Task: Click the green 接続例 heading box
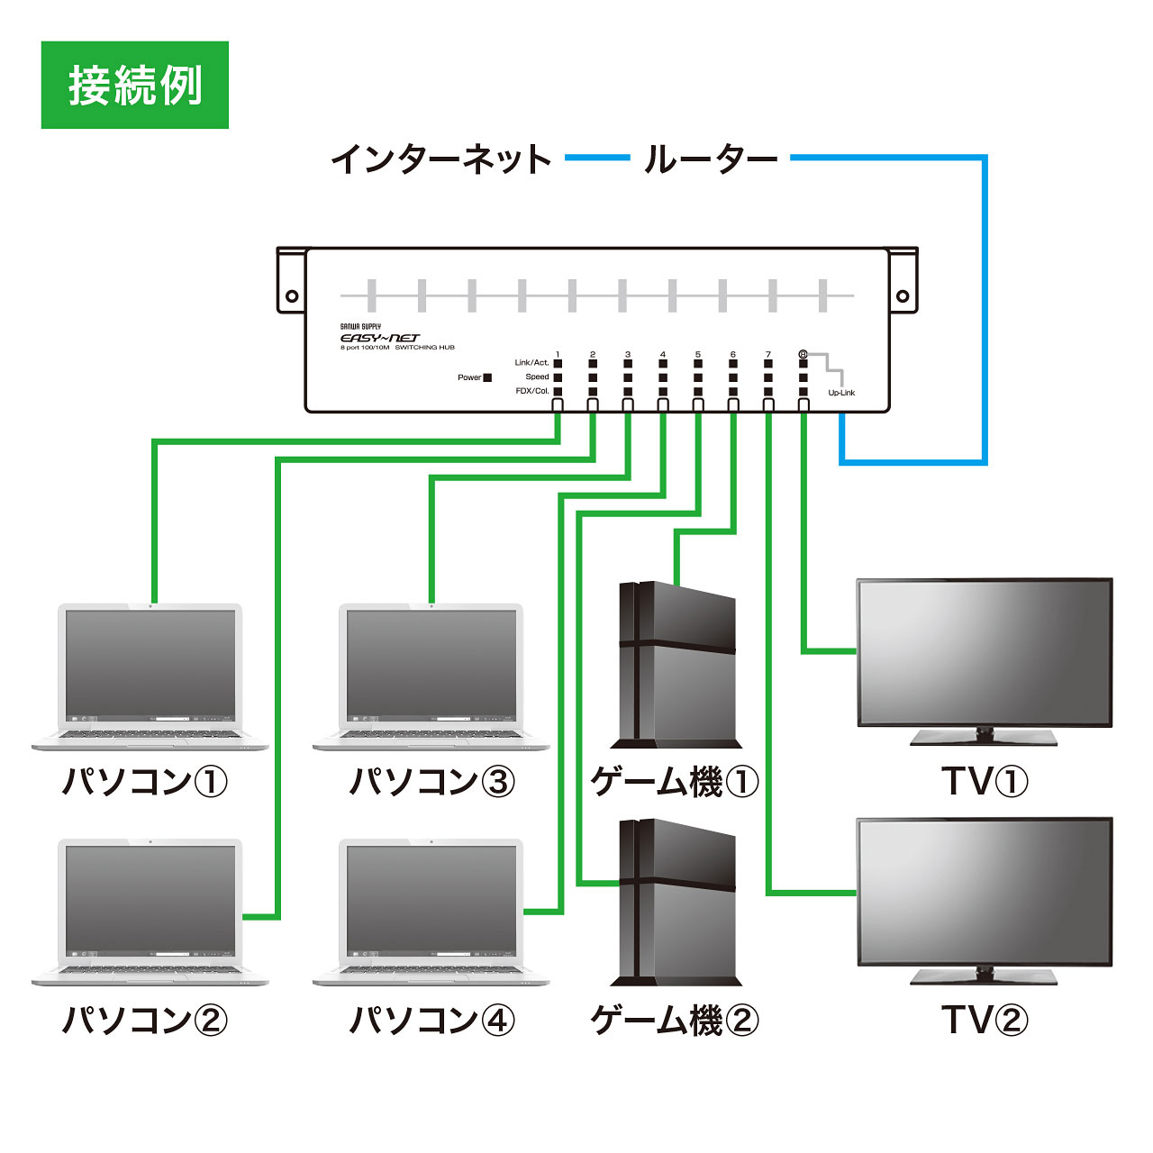click(135, 85)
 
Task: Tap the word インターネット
click(441, 159)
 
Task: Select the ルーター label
click(711, 159)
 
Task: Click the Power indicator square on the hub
click(487, 377)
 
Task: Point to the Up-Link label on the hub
click(841, 393)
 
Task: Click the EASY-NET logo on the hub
click(379, 338)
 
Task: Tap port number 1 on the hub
click(558, 355)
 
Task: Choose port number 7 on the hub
click(767, 355)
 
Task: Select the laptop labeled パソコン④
click(431, 910)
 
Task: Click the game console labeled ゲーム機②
click(676, 901)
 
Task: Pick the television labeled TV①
click(984, 653)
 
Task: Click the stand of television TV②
click(984, 976)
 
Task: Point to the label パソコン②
click(144, 1020)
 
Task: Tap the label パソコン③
click(431, 781)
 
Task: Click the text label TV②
click(984, 1020)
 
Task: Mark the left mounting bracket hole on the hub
click(292, 295)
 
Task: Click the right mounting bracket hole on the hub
click(903, 295)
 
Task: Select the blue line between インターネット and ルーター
click(596, 159)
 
